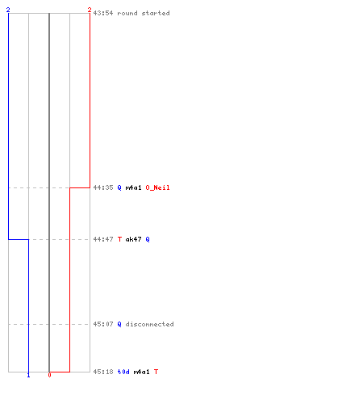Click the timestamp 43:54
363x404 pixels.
coord(103,13)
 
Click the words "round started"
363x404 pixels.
coord(144,13)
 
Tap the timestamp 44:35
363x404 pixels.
coord(103,187)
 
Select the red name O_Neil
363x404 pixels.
coord(157,187)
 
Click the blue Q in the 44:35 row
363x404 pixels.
coord(119,187)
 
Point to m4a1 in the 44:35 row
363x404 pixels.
coord(133,187)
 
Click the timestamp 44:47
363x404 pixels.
coord(103,239)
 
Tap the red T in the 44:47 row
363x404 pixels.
coord(119,239)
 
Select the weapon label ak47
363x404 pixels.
coord(133,239)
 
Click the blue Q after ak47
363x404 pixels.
coord(148,239)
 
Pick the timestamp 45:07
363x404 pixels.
coord(103,324)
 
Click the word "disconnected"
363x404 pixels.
coord(149,324)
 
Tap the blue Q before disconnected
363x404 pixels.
coord(119,324)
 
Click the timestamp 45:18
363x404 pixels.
coord(103,372)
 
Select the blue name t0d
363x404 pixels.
coord(123,372)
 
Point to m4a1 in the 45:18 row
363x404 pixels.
coord(141,372)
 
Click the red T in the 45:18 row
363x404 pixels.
coord(156,372)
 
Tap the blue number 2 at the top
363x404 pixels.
coord(8,10)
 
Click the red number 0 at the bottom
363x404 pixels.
coord(49,375)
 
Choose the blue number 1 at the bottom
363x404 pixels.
coord(29,375)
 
